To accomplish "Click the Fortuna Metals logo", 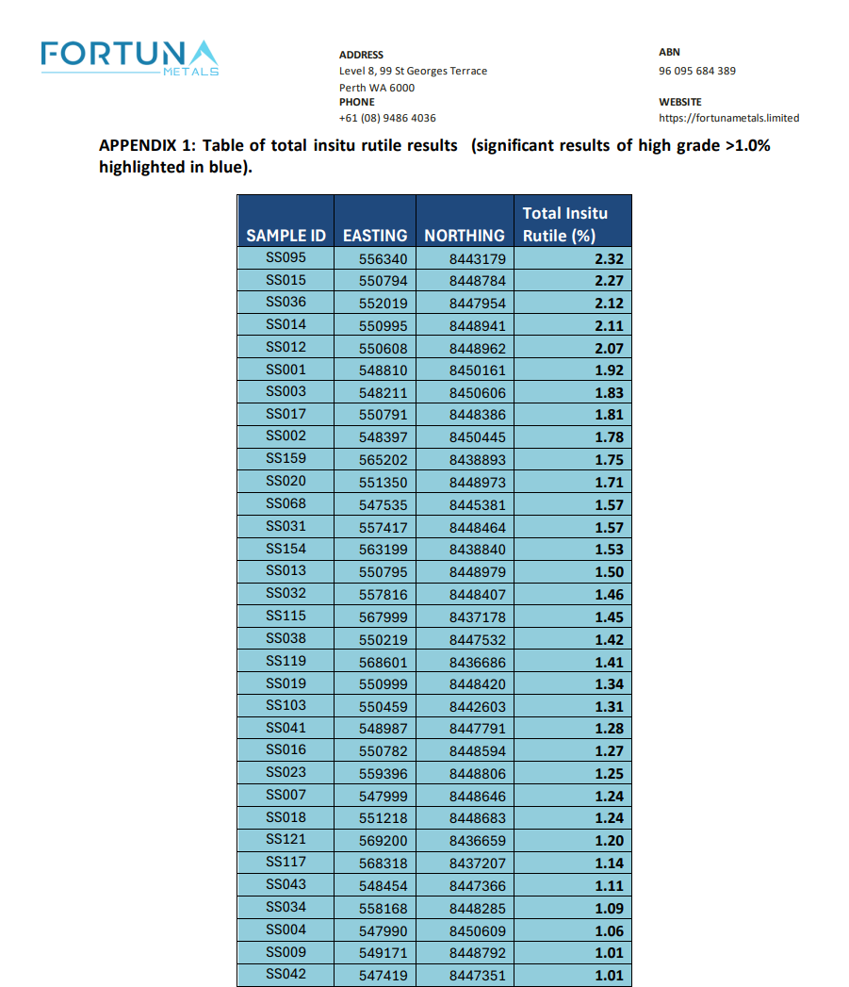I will click(x=130, y=58).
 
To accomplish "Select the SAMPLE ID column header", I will click(x=286, y=236).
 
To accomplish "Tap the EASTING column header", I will click(x=375, y=236).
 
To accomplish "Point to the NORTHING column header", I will click(x=465, y=236).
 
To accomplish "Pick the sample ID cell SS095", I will click(x=286, y=257).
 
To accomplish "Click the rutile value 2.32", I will click(x=609, y=258).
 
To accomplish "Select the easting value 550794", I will click(x=384, y=281).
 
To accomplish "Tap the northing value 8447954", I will click(x=478, y=304).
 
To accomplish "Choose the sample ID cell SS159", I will click(x=286, y=458).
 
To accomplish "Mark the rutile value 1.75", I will click(x=609, y=460).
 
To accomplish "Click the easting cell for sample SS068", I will click(x=384, y=505).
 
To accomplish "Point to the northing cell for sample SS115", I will click(x=478, y=617).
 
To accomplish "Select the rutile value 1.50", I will click(x=609, y=572).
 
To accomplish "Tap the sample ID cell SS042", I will click(x=286, y=974).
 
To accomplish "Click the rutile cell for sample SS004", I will click(x=609, y=931).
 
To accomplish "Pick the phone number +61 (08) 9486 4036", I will click(x=387, y=118).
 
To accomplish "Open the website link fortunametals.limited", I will click(x=728, y=118).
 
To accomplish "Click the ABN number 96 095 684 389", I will click(x=696, y=71).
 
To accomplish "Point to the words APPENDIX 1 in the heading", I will click(x=145, y=146).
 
